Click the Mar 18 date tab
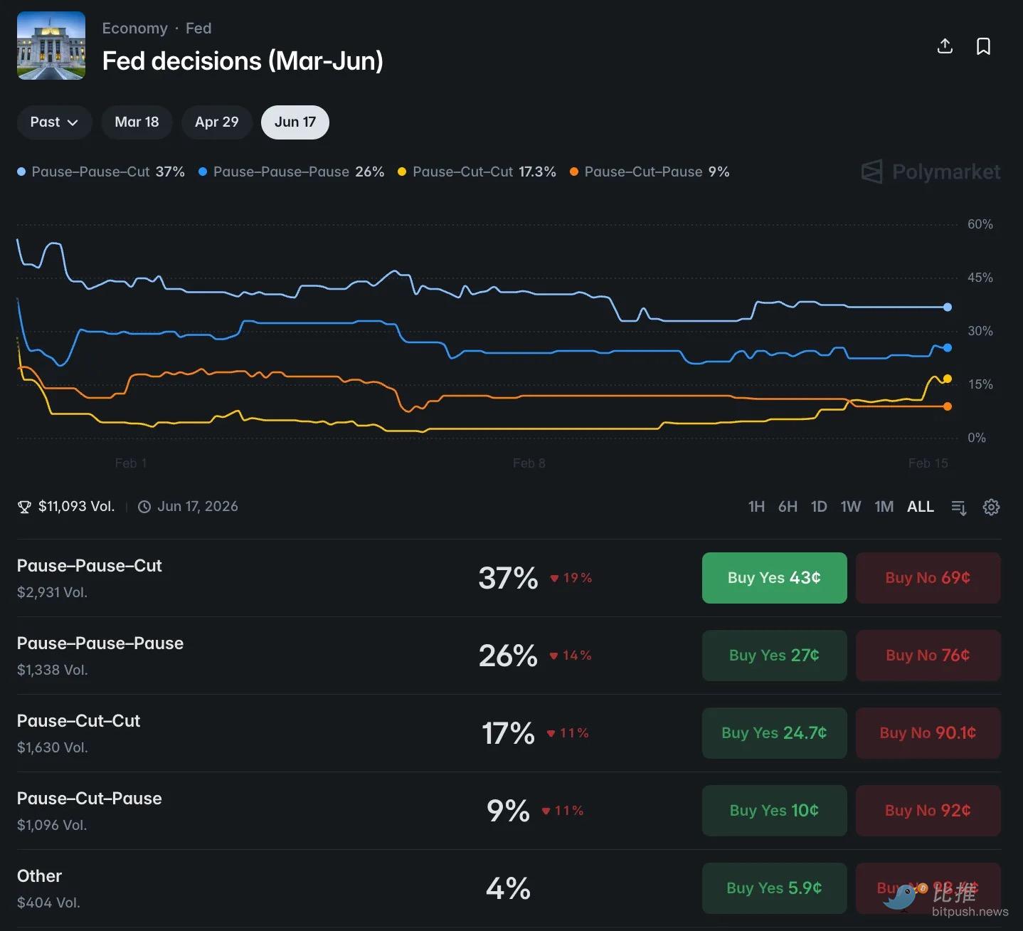pos(137,122)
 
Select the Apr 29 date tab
pos(216,122)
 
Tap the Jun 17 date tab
pos(295,122)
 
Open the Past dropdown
pos(54,122)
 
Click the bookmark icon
pos(983,47)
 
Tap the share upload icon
pos(945,47)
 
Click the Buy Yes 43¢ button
pos(774,578)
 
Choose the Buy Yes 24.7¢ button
pos(774,733)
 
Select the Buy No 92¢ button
pos(928,811)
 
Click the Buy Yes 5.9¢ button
pos(774,888)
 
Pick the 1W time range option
pos(850,507)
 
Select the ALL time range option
pos(920,507)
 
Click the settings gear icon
pos(991,507)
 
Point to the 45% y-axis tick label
pos(980,278)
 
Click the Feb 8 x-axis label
pos(529,463)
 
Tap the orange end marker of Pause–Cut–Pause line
pos(948,406)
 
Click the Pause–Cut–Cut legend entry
pos(476,172)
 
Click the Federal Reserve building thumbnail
pos(51,46)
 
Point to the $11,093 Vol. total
pos(75,507)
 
